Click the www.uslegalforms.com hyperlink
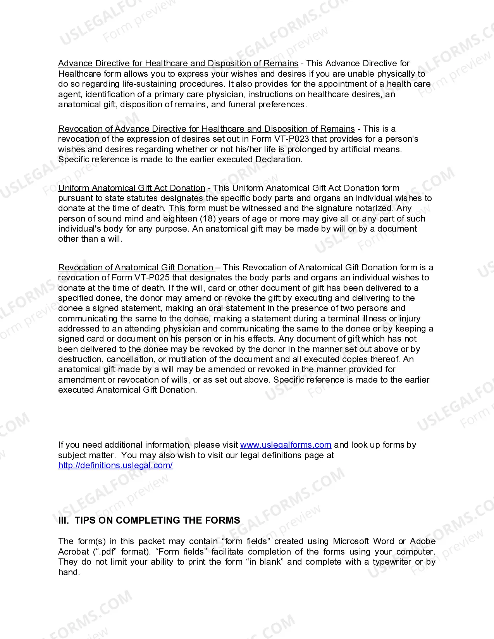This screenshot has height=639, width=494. click(x=286, y=445)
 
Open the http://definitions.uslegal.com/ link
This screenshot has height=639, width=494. click(x=115, y=466)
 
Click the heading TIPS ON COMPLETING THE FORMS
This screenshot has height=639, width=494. click(x=157, y=520)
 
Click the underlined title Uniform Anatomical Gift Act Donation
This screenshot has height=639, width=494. click(x=132, y=188)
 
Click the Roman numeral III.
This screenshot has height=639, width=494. click(x=63, y=520)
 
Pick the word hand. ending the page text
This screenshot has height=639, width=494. click(x=69, y=572)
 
